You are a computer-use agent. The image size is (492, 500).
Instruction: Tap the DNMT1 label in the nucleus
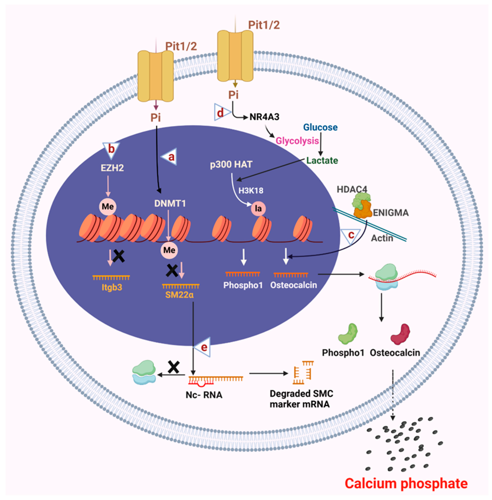[x=170, y=204]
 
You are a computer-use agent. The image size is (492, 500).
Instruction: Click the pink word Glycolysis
[x=297, y=141]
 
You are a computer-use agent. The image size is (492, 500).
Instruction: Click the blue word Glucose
[x=320, y=127]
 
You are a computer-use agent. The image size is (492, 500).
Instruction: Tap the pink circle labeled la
[x=258, y=208]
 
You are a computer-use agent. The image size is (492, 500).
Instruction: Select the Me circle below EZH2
[x=108, y=207]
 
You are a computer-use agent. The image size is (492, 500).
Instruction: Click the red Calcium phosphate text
[x=406, y=483]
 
